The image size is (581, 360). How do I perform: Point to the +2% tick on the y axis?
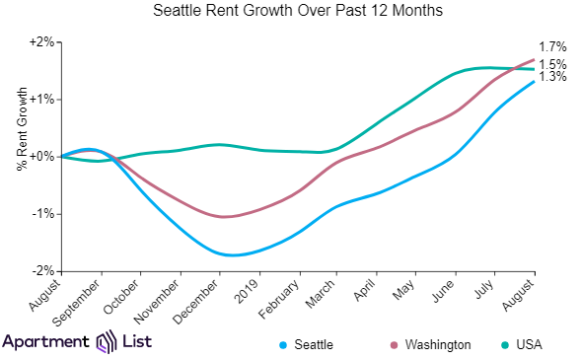click(41, 42)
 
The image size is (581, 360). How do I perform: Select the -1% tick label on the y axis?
click(41, 214)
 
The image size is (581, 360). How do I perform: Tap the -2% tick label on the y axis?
click(41, 270)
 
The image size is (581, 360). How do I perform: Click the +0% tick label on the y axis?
click(41, 157)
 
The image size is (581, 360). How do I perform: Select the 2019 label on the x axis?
click(248, 290)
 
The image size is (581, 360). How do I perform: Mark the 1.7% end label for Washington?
click(552, 47)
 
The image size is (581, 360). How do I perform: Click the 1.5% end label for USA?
click(552, 64)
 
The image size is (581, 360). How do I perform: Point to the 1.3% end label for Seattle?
click(552, 77)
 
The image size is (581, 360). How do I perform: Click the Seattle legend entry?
click(314, 344)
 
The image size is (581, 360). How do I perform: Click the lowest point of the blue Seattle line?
click(230, 255)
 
